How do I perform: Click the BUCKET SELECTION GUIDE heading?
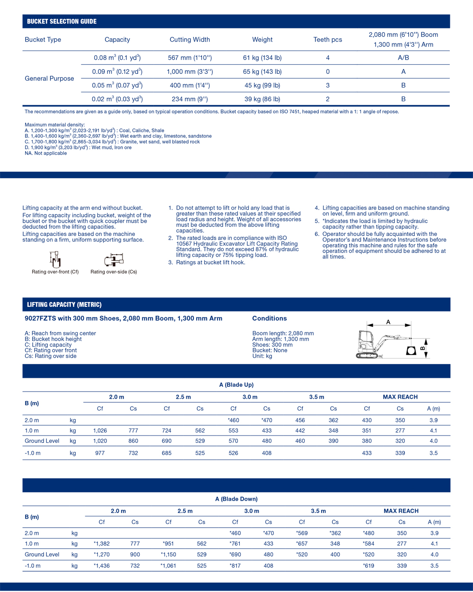61,21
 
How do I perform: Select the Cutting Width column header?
190,40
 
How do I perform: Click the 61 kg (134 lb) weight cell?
262,58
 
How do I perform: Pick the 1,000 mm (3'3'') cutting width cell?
190,72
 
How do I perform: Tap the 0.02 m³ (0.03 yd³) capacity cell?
117,99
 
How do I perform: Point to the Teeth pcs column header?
327,40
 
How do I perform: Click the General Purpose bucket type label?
49,78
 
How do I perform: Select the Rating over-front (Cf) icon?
55,260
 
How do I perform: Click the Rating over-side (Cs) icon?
114,260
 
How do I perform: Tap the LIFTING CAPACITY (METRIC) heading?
64,305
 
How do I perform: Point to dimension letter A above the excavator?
388,322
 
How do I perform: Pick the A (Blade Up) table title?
236,385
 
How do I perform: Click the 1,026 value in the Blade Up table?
100,431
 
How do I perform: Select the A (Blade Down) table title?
236,499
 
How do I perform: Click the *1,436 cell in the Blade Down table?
102,566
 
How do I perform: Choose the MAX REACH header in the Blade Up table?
400,397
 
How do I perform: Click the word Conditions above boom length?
269,319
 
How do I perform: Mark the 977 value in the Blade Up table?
100,453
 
